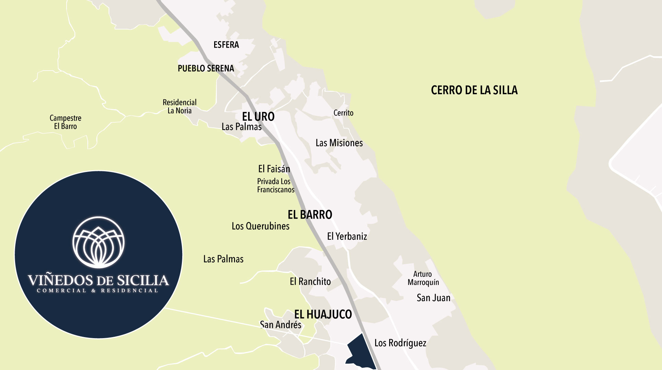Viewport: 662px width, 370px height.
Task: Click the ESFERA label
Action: pos(226,45)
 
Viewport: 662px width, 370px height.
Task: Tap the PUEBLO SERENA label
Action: pos(206,69)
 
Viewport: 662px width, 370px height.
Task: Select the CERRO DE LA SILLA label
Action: pos(474,90)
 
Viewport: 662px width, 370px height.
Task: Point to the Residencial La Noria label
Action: pos(179,107)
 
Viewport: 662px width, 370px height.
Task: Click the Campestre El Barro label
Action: pos(65,122)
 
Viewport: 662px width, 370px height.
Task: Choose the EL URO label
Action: pos(258,116)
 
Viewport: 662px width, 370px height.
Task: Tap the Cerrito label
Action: pos(343,113)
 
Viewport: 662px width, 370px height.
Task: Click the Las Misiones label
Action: pos(339,143)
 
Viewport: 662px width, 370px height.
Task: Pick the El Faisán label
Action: pos(274,169)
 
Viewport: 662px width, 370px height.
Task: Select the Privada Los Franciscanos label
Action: pos(275,185)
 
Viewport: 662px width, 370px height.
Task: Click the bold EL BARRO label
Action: pos(310,215)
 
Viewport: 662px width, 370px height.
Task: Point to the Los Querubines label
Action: pos(260,226)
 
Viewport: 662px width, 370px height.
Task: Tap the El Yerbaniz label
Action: pos(347,236)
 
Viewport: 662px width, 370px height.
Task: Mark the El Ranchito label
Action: pos(310,282)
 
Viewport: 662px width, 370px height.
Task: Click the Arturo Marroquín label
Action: pos(423,278)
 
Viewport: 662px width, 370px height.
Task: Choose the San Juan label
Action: pos(433,298)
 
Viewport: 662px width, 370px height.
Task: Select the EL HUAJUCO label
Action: pos(323,314)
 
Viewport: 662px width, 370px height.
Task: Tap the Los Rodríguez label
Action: pos(400,343)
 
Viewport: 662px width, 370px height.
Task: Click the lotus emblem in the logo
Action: pos(98,243)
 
